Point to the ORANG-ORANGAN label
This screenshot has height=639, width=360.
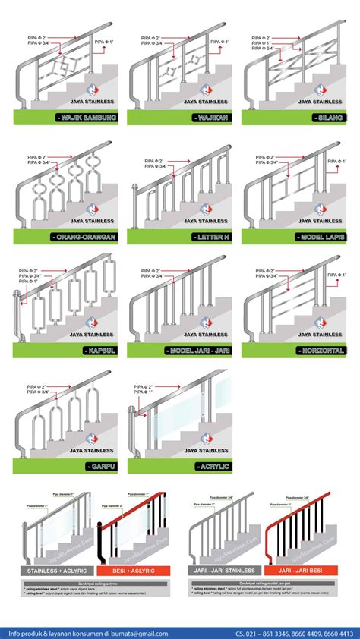tap(84, 237)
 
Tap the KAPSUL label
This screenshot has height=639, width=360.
tap(99, 351)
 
